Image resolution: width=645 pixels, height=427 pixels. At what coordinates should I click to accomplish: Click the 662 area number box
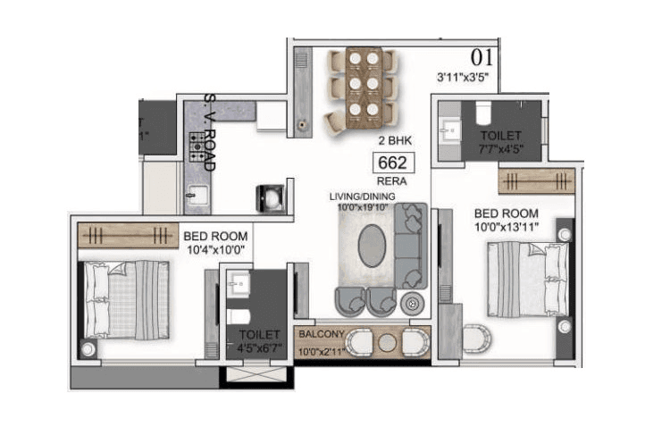pos(393,163)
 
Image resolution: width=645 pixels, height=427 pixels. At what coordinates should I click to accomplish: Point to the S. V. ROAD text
pos(210,131)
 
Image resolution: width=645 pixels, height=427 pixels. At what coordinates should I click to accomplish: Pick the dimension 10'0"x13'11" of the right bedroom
pos(507,228)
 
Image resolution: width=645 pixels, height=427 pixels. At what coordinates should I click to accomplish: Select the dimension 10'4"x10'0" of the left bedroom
pos(214,249)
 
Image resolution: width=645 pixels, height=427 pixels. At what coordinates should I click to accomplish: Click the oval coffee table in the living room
pos(373,245)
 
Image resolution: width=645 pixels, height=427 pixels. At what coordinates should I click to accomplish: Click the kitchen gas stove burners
pos(197,147)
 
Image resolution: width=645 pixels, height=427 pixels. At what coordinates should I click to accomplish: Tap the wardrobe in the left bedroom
pos(128,235)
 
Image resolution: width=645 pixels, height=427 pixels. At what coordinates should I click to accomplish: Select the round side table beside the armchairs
pos(413,302)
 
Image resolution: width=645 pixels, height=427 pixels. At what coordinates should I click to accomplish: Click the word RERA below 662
pos(391,181)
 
